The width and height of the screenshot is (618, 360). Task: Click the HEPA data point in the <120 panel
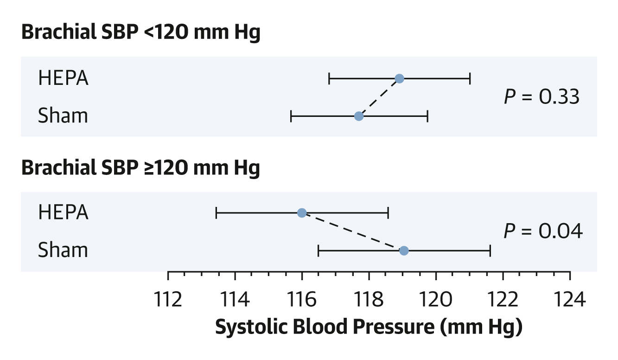point(400,78)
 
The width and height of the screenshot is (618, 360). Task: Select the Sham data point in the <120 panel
point(358,116)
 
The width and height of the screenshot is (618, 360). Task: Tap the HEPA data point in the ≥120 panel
point(302,213)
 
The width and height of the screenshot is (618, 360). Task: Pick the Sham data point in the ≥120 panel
point(404,251)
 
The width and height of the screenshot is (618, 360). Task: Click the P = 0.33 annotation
point(542,97)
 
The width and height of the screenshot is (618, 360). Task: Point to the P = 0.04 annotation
point(542,231)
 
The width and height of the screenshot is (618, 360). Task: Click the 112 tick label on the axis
point(168,300)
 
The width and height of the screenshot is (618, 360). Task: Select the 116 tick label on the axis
point(302,300)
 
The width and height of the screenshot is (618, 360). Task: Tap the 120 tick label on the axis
point(436,300)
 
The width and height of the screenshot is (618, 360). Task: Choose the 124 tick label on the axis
point(570,300)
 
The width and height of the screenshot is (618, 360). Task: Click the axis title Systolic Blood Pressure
point(369,327)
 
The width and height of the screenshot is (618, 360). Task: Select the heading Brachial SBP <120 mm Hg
point(140,33)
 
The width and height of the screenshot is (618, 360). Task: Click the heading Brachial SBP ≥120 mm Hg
point(140,168)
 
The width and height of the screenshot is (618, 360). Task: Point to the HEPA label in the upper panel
point(63,78)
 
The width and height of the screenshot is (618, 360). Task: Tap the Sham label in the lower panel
point(63,250)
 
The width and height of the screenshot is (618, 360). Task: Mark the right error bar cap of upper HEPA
point(470,78)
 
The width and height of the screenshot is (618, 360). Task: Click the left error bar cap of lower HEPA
point(217,213)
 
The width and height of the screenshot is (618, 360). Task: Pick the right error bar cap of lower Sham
point(490,251)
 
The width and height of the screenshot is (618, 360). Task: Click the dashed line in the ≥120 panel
point(353,232)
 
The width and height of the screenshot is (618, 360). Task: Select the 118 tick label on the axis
point(369,300)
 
